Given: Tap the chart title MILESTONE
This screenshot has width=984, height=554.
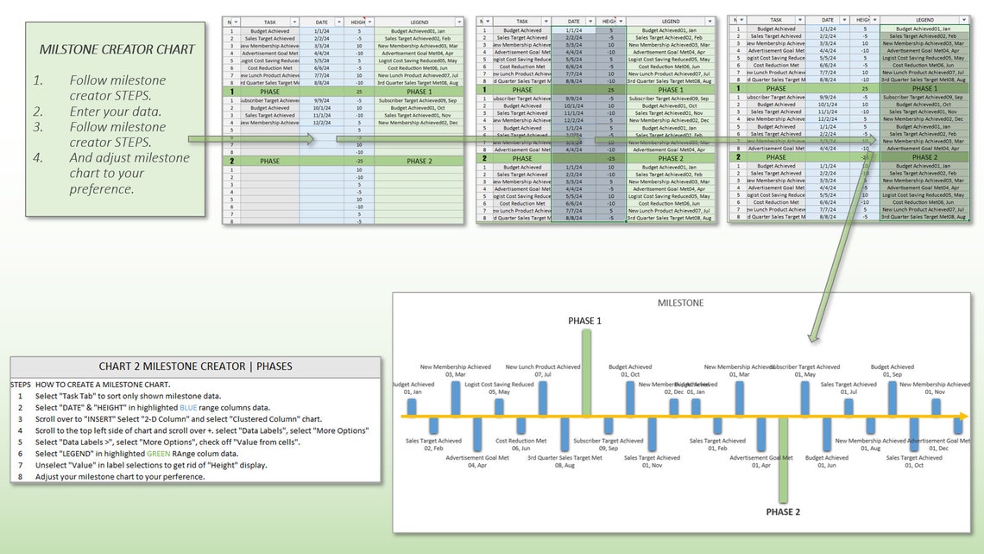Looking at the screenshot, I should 680,303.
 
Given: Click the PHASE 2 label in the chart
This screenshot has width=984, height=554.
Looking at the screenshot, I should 783,512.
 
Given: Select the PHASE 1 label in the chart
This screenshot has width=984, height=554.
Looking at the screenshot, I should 584,321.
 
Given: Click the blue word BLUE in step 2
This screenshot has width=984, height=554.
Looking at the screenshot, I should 188,407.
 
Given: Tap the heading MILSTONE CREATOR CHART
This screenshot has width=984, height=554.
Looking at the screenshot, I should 117,49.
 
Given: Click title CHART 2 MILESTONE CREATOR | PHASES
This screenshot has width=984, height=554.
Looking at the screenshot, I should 195,366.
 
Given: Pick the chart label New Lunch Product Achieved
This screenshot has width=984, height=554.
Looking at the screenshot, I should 543,367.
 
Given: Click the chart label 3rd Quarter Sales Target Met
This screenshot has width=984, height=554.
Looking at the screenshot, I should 565,458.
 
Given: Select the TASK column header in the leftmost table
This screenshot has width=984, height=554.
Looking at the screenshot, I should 269,21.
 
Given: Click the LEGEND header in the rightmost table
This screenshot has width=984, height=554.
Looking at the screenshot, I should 924,19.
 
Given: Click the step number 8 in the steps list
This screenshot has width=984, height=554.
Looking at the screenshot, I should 21,477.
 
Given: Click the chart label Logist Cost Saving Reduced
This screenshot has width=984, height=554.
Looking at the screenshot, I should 499,384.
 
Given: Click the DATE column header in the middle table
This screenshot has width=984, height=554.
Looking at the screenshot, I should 573,21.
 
